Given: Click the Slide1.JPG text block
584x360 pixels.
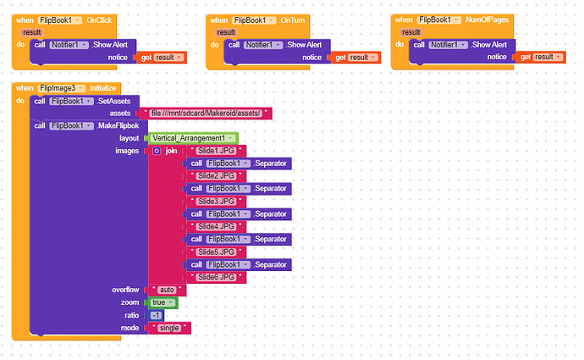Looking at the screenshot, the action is pyautogui.click(x=216, y=151).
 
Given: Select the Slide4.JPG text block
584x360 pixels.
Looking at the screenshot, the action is pyautogui.click(x=216, y=226).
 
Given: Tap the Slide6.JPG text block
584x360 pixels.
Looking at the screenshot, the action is pyautogui.click(x=216, y=277).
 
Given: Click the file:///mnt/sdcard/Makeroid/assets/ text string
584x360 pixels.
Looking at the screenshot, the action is pyautogui.click(x=206, y=114).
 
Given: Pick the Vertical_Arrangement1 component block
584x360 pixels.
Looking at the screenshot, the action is pyautogui.click(x=193, y=138).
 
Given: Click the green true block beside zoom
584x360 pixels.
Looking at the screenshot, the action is pyautogui.click(x=163, y=302).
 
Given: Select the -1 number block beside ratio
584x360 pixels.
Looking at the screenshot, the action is pyautogui.click(x=156, y=316).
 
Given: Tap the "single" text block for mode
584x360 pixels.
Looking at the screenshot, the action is pyautogui.click(x=169, y=328).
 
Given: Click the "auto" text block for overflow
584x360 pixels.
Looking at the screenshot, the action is pyautogui.click(x=167, y=290).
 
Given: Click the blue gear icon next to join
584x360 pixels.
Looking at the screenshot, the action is pyautogui.click(x=157, y=151).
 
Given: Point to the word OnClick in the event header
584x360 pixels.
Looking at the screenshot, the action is pyautogui.click(x=99, y=20).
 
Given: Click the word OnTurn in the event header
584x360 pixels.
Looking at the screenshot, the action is pyautogui.click(x=293, y=20).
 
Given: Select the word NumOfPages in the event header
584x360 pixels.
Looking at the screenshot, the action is pyautogui.click(x=487, y=19).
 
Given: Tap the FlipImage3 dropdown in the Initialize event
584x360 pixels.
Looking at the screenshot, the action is pyautogui.click(x=62, y=88).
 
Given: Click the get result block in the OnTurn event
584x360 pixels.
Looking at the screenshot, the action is pyautogui.click(x=355, y=58).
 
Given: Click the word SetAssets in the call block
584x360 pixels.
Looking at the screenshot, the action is pyautogui.click(x=114, y=102).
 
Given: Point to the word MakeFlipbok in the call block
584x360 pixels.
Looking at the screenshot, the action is pyautogui.click(x=118, y=126).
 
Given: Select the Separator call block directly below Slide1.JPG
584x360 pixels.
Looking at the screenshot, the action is pyautogui.click(x=239, y=163).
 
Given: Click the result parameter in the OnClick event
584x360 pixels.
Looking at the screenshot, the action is pyautogui.click(x=31, y=32).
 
